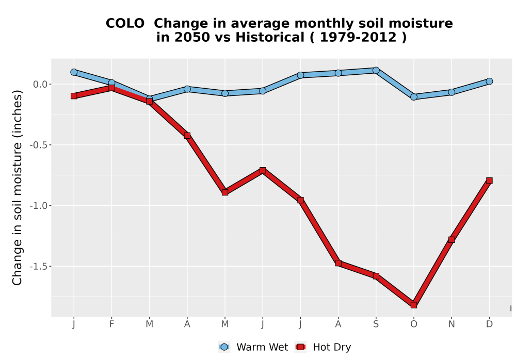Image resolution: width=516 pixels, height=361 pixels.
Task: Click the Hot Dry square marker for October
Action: (414, 305)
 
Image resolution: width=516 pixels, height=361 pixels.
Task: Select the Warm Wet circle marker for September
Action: (376, 70)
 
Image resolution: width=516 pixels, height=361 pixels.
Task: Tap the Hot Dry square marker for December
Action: (489, 180)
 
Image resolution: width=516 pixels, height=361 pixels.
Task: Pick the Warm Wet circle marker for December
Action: (489, 81)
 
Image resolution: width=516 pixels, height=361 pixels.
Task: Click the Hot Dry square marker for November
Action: (451, 240)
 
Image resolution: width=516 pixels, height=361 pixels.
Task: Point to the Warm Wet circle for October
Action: (414, 97)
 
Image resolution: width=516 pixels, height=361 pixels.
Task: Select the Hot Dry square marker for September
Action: (376, 276)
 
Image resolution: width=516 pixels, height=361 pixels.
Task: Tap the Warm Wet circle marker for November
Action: (451, 92)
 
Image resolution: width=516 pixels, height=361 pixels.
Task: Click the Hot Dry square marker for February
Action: (111, 88)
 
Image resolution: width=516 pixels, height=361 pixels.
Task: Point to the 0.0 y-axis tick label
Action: (40, 84)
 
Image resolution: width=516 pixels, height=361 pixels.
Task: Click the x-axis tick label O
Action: (414, 324)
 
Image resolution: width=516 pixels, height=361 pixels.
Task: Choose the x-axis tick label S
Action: (376, 324)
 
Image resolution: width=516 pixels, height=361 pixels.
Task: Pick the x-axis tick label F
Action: (111, 324)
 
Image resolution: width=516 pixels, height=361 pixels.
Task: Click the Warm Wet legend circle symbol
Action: (224, 347)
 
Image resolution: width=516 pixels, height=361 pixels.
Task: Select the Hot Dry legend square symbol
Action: (300, 347)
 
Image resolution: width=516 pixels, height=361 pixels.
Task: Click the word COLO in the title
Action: (125, 24)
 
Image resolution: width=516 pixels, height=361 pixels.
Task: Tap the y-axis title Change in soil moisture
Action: (17, 188)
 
